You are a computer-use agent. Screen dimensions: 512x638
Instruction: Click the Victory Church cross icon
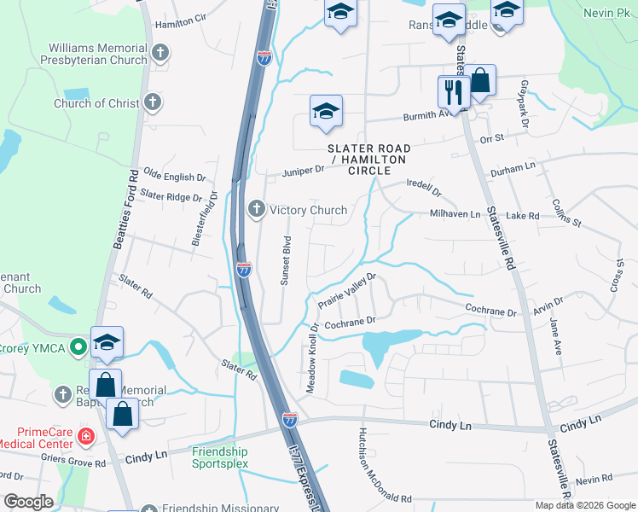[x=256, y=209]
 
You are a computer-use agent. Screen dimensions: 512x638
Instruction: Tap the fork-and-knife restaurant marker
[x=452, y=90]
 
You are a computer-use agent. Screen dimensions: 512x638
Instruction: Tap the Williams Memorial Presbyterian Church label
[x=98, y=55]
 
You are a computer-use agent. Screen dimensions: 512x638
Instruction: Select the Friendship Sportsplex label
[x=219, y=457]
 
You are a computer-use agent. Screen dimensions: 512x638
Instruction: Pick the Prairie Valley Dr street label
[x=347, y=289]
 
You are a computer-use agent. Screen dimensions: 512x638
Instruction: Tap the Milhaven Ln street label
[x=455, y=214]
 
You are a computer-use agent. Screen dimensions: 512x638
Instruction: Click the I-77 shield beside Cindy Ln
[x=290, y=419]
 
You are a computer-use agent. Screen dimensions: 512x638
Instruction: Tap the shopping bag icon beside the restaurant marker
[x=480, y=82]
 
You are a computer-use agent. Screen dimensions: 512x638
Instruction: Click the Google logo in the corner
[x=28, y=502]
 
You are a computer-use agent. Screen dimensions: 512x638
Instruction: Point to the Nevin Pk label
[x=605, y=13]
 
